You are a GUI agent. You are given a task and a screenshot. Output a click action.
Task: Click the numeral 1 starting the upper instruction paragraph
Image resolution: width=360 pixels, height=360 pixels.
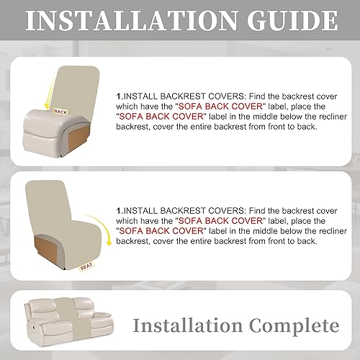pos(117,94)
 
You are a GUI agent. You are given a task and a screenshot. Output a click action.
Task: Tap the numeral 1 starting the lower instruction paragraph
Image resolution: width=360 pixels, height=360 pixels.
pos(117,195)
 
